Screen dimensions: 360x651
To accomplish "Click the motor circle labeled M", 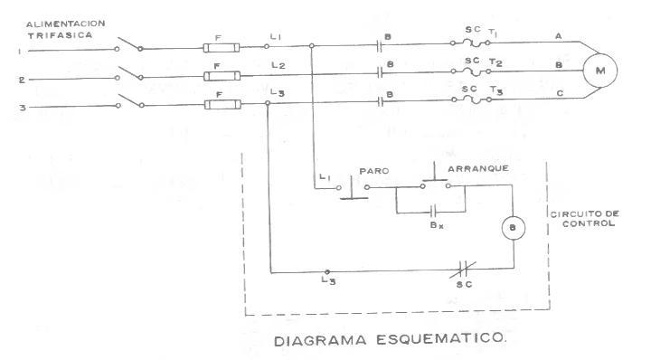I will (598, 68).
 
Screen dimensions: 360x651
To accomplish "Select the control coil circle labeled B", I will (512, 228).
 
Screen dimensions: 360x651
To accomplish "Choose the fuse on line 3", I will (221, 104).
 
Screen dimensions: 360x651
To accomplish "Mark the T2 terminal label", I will (495, 63).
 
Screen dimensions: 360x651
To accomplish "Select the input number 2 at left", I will (22, 81).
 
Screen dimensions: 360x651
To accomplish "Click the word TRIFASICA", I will (57, 34).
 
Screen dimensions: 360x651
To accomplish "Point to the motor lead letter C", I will (560, 94).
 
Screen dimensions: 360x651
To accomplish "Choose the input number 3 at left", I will (21, 109).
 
